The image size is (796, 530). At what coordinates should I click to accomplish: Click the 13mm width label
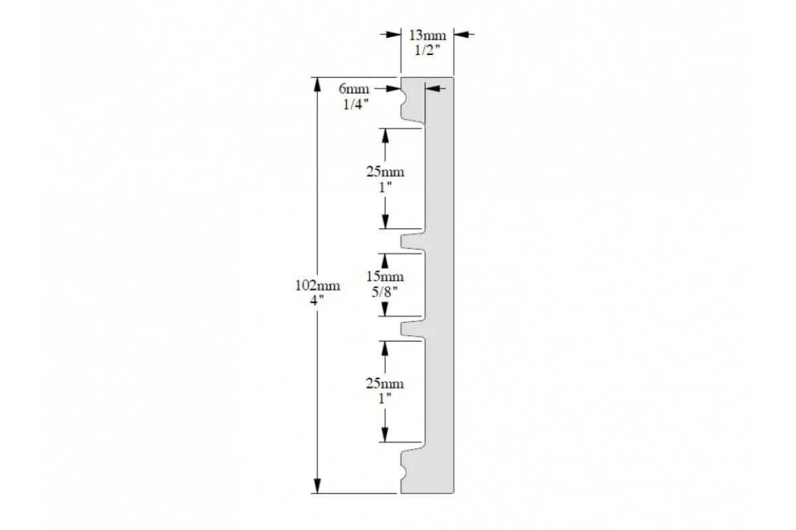(x=427, y=35)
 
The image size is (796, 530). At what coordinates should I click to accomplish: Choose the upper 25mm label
(x=385, y=172)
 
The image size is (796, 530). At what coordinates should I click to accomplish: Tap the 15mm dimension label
(x=385, y=276)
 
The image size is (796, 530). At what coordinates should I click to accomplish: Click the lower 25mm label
(x=385, y=384)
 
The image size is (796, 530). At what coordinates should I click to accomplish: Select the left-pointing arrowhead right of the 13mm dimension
(x=460, y=34)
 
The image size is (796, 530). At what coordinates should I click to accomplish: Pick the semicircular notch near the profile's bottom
(x=403, y=472)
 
